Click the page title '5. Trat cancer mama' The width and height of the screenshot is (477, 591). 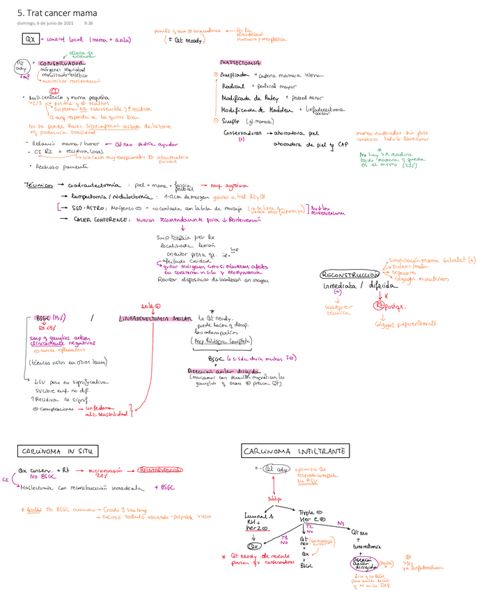point(57,13)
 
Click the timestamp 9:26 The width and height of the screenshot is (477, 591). point(88,24)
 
